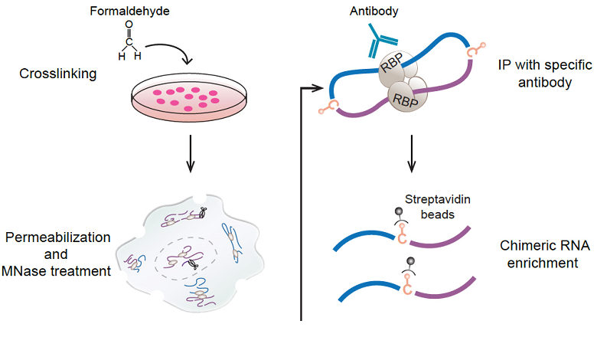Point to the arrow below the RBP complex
(x=413, y=152)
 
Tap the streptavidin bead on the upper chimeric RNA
(x=398, y=212)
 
